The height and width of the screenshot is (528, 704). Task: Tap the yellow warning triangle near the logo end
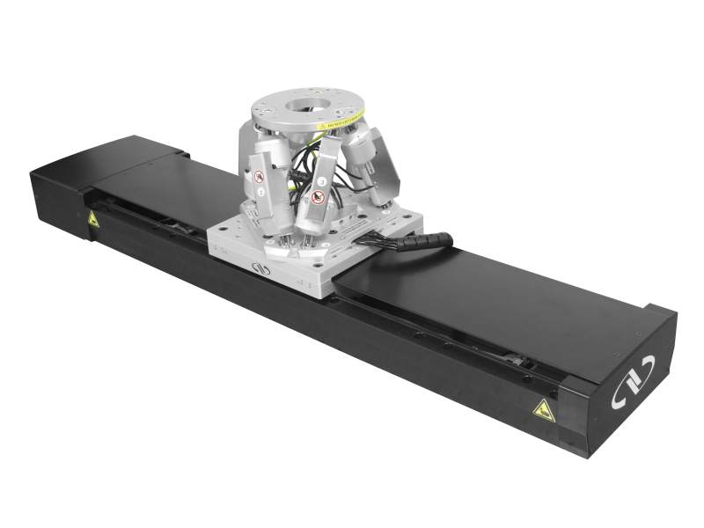tap(543, 408)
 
